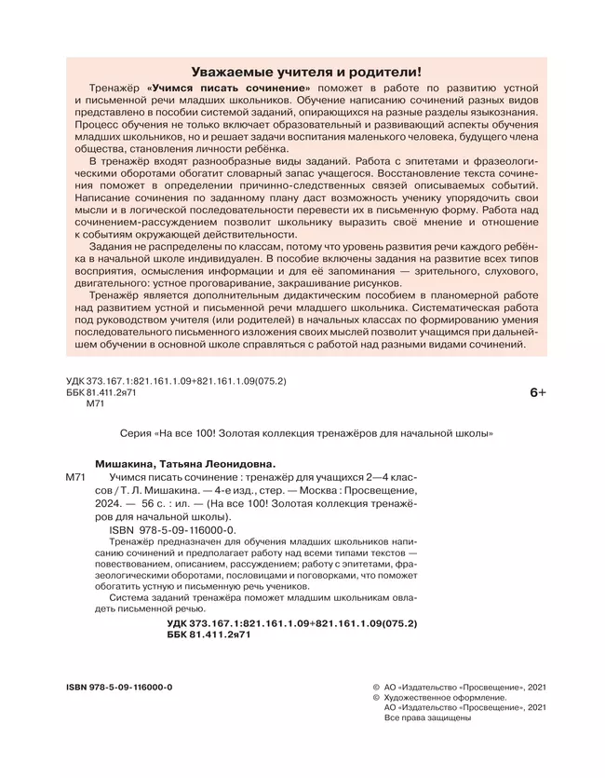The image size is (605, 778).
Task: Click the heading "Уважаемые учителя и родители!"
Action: click(305, 71)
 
